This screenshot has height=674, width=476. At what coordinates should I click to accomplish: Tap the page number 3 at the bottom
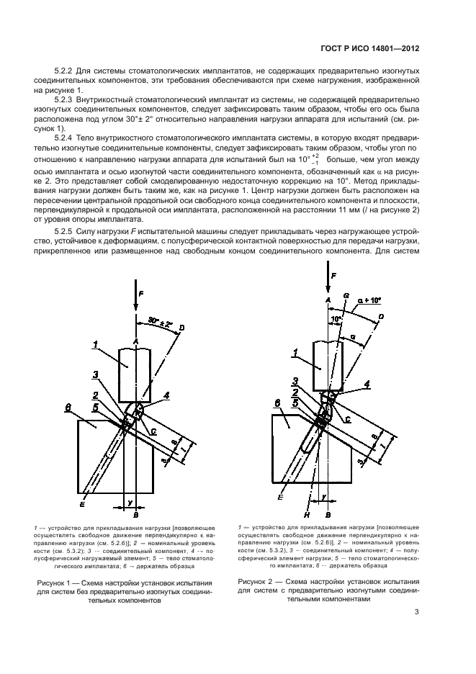417,613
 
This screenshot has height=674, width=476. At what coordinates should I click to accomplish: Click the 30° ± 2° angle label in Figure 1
162,320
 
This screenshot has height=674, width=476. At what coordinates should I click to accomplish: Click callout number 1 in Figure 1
95,345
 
